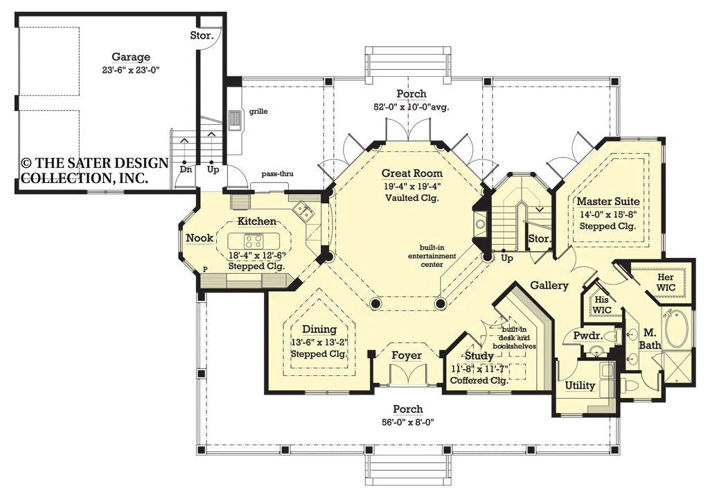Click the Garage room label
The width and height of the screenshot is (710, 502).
[131, 57]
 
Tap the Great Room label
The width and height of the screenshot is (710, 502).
[412, 173]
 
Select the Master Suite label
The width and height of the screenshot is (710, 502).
[608, 201]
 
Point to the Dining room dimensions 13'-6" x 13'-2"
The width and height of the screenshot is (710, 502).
[319, 342]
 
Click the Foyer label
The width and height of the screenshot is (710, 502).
[407, 356]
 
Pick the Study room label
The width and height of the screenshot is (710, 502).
[479, 356]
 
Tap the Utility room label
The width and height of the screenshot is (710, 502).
[580, 386]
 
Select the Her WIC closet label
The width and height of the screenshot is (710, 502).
[666, 282]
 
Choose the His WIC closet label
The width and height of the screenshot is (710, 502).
[602, 305]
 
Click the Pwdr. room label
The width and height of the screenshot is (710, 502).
[587, 336]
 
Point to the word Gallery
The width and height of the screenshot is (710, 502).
[549, 286]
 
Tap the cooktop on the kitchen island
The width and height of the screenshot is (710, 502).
[254, 239]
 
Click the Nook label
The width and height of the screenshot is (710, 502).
[199, 238]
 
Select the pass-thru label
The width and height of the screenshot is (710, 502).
[277, 174]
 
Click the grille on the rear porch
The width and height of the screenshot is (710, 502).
[235, 120]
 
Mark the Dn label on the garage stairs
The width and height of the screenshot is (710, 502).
[186, 169]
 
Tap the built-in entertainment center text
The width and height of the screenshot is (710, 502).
[432, 256]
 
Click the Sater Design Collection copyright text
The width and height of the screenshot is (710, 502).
[95, 171]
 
